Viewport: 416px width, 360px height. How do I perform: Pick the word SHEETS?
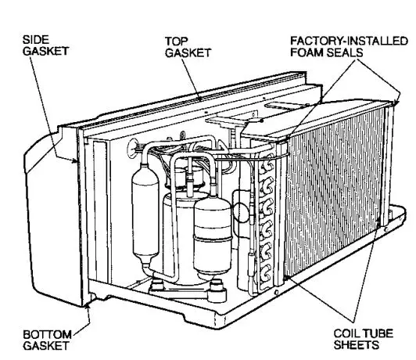click(356, 344)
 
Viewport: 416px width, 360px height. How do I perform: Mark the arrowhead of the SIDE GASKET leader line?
click(76, 161)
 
